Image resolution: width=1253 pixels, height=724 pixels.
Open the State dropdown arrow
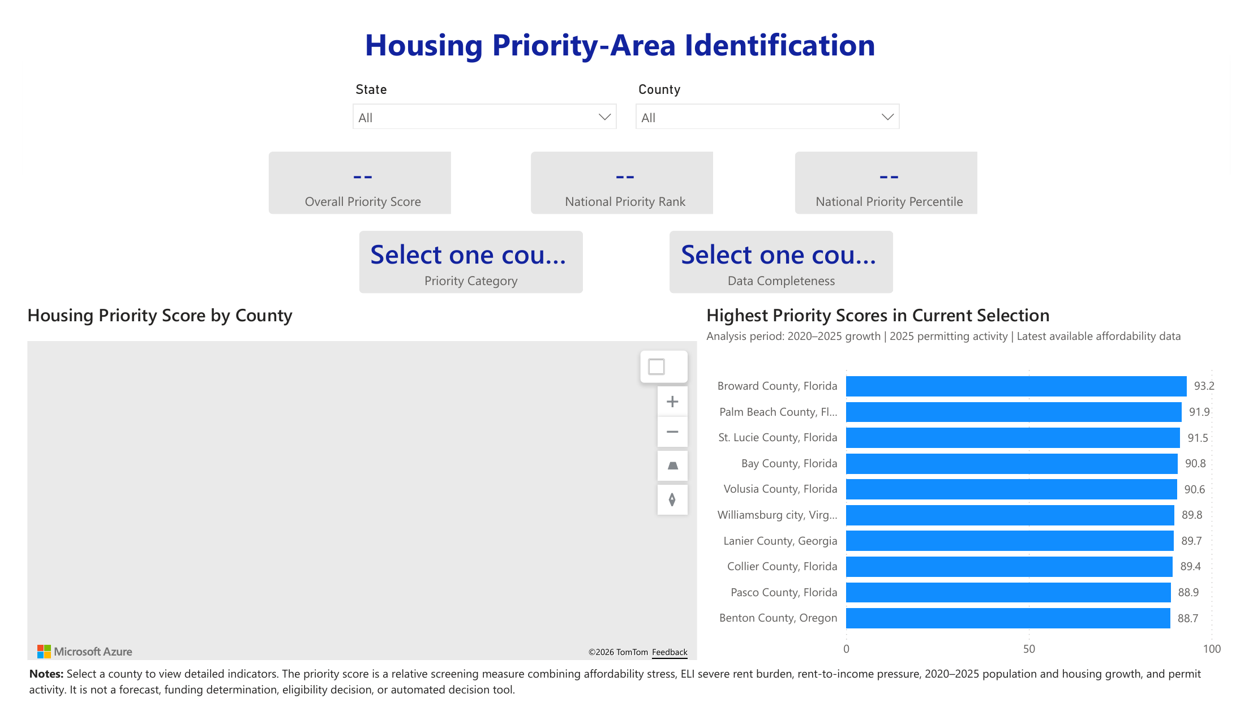[604, 117]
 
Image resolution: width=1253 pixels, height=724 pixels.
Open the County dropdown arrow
[887, 117]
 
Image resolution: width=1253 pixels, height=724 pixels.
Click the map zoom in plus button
[672, 402]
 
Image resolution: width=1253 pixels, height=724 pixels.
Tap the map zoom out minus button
[672, 432]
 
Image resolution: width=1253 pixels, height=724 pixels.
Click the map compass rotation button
[672, 499]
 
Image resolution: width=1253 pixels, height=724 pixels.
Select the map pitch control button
[672, 466]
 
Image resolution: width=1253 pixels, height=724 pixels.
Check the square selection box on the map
[656, 367]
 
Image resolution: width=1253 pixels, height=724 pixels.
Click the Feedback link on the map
[670, 652]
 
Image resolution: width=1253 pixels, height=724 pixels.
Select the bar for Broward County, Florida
[1016, 386]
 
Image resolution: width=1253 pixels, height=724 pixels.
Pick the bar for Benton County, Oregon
[1008, 618]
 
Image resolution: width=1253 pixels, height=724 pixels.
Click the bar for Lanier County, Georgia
[1010, 541]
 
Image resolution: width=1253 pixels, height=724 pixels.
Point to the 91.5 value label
[1198, 438]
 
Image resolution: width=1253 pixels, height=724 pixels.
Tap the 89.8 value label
[1192, 515]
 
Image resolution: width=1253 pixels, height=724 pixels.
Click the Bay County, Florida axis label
[789, 463]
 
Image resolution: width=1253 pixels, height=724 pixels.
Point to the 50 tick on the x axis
[1029, 649]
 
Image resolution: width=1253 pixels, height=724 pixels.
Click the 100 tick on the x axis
[1212, 649]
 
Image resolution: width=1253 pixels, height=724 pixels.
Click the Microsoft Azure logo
[85, 652]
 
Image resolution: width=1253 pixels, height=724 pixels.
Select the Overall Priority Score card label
[363, 202]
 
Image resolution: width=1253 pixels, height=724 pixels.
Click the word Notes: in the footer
[46, 674]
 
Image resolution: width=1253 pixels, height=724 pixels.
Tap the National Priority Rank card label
[625, 202]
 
